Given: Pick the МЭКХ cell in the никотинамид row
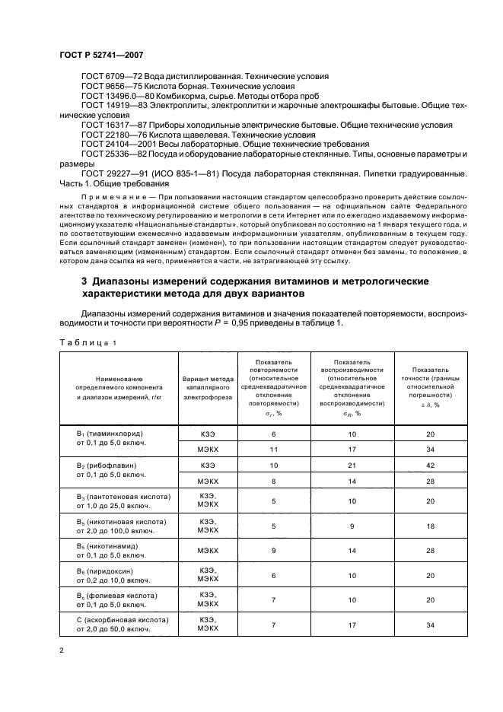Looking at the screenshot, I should [x=208, y=550].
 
